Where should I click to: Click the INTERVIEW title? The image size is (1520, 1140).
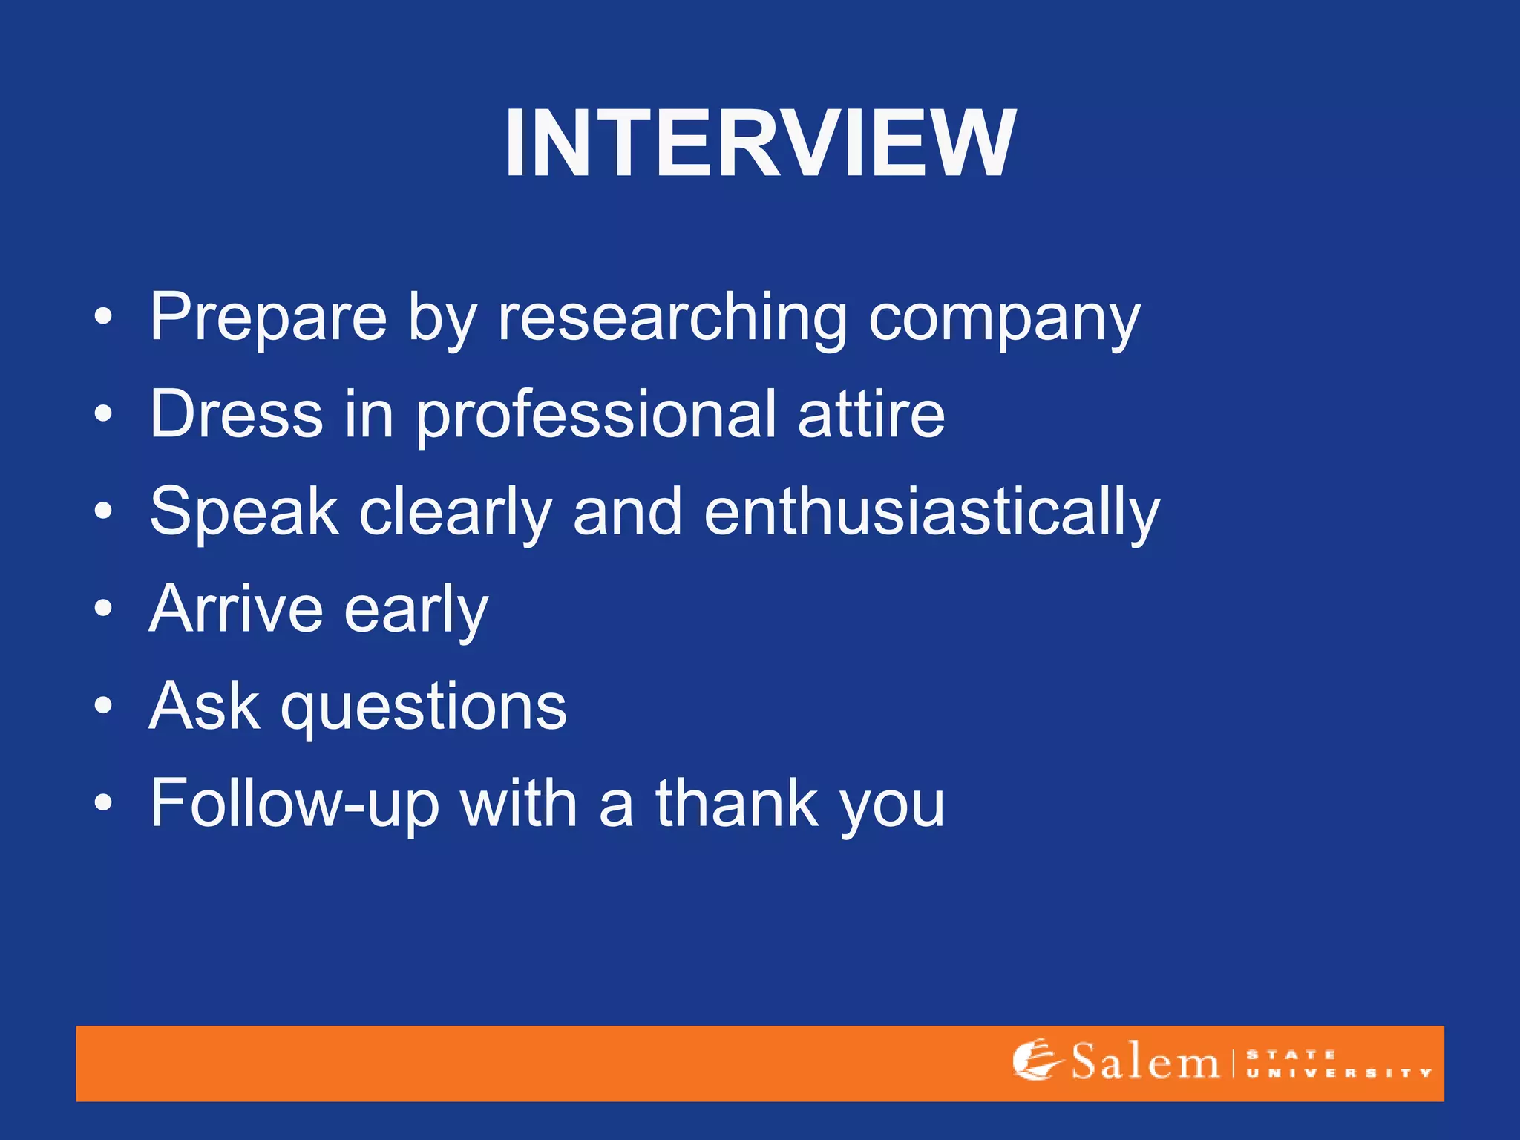tap(760, 143)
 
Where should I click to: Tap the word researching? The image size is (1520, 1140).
tap(672, 318)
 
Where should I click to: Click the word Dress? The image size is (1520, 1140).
tap(236, 414)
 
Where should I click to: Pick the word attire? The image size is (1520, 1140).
tap(871, 414)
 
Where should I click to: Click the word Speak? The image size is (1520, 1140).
tap(244, 512)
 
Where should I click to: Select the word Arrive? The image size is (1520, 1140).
tap(236, 609)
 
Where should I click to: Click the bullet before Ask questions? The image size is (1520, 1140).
tap(104, 706)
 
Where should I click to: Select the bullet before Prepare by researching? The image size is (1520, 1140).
tap(104, 318)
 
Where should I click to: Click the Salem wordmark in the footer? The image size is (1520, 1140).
tap(1144, 1062)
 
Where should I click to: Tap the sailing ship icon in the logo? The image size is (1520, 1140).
tap(1035, 1060)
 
